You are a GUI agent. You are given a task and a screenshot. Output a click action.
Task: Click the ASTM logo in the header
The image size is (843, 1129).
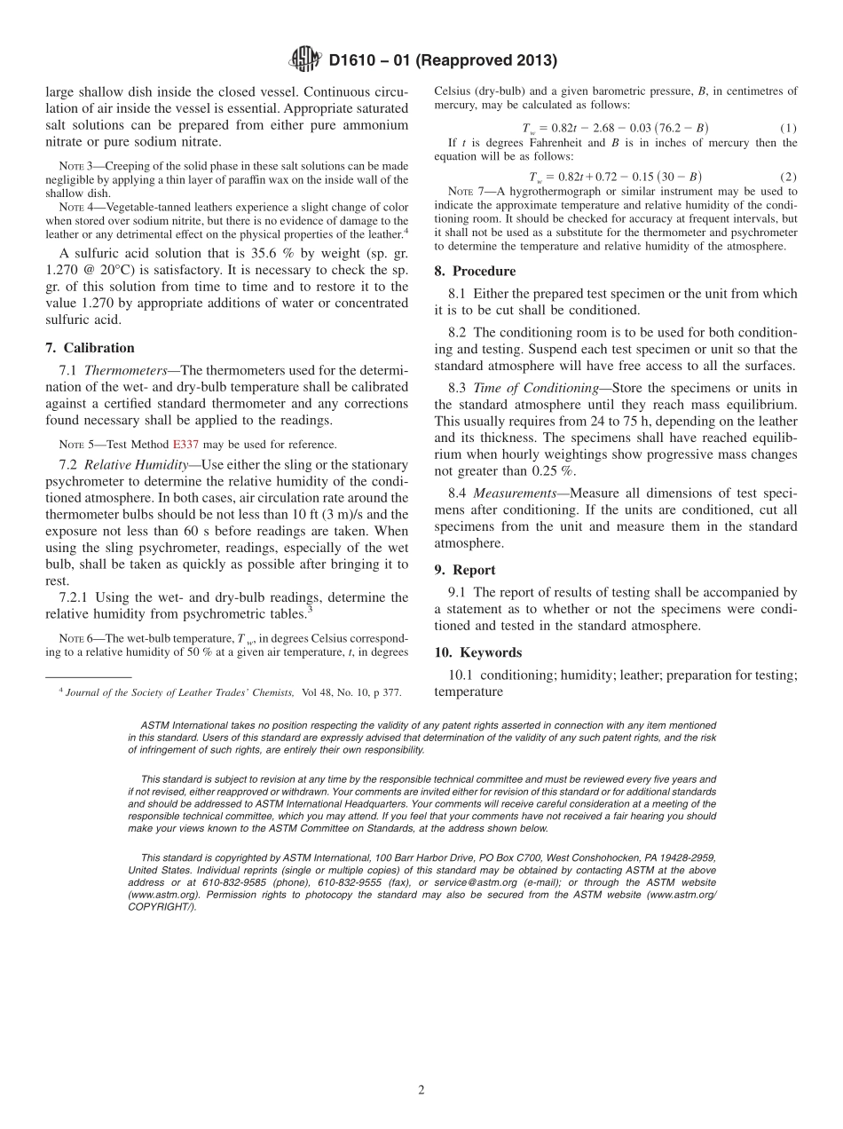305,61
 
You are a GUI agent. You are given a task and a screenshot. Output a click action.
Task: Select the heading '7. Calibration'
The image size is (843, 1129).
90,348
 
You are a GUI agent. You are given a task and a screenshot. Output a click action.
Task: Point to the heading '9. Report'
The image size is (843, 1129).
465,570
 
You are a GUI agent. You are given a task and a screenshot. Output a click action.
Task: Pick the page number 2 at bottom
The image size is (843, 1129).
421,1091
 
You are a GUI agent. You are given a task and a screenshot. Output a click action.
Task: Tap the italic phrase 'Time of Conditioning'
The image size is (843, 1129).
524,388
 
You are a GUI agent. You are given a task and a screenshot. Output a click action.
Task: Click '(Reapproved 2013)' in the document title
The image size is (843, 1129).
490,61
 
